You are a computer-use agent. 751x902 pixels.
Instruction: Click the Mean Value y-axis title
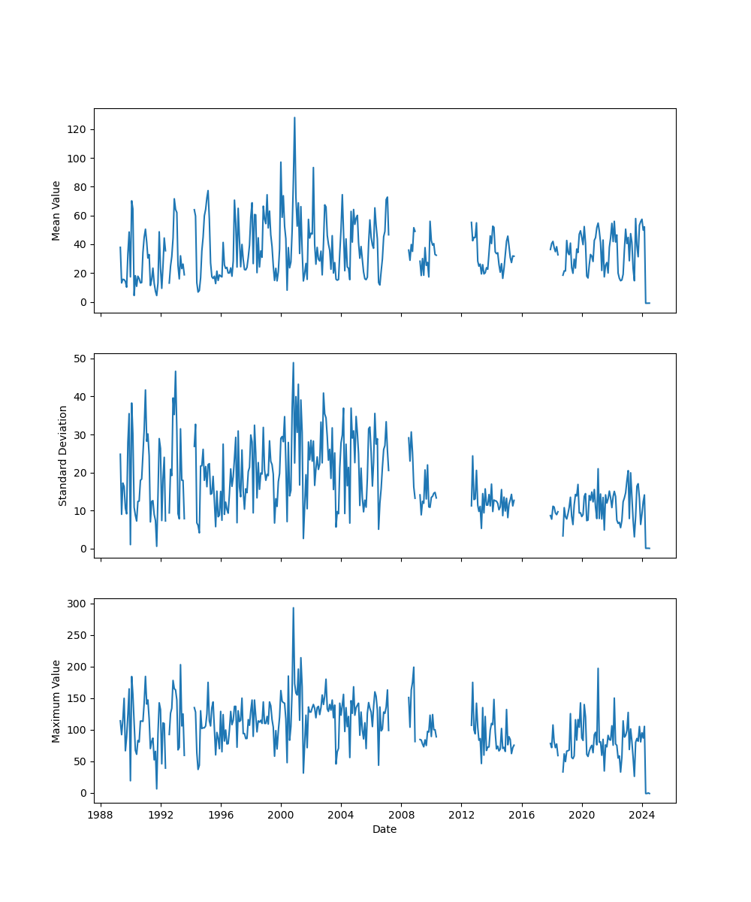(x=56, y=210)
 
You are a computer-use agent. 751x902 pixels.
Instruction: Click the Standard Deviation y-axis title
(x=63, y=456)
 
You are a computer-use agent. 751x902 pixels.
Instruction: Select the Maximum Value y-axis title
(x=56, y=701)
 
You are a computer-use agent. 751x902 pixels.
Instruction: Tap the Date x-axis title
(x=385, y=829)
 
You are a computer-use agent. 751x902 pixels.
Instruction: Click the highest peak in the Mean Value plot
(x=294, y=117)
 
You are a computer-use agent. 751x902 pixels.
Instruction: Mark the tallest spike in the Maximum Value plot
(x=293, y=608)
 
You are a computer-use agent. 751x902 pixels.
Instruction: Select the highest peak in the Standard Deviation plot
(x=293, y=362)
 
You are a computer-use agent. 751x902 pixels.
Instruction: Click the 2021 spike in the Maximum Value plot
(x=598, y=668)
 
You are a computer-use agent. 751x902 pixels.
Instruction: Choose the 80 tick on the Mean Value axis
(x=78, y=187)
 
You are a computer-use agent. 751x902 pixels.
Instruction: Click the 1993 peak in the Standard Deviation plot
(x=176, y=371)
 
